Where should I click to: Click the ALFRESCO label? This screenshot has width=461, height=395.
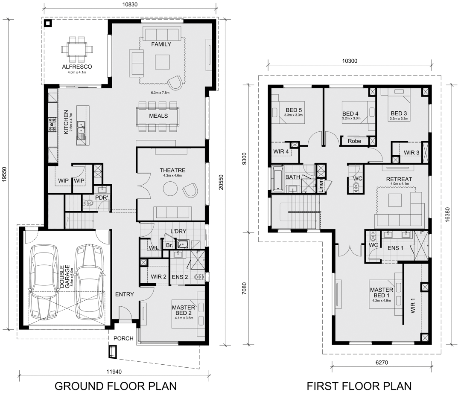(x=77, y=67)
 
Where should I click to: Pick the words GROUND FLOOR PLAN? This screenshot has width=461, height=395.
(x=116, y=386)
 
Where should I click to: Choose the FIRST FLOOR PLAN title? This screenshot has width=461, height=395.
(x=359, y=386)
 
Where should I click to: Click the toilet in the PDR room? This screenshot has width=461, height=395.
(x=89, y=203)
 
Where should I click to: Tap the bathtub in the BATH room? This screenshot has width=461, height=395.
(x=278, y=178)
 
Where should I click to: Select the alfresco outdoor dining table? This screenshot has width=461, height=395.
(x=77, y=49)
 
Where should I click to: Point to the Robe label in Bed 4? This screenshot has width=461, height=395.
(x=354, y=141)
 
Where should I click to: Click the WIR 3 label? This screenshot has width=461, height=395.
(x=411, y=153)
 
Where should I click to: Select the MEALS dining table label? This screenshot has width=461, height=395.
(x=158, y=116)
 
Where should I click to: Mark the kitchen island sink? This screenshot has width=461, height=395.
(x=80, y=127)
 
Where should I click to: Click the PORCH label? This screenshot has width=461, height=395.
(x=124, y=338)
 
